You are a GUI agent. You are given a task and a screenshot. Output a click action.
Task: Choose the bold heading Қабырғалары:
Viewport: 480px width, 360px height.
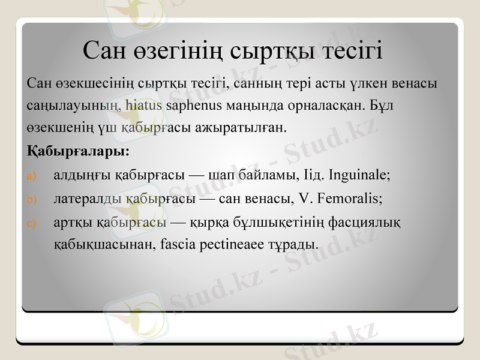79,150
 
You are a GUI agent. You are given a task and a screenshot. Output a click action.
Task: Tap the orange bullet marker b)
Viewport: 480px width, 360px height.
32,199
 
